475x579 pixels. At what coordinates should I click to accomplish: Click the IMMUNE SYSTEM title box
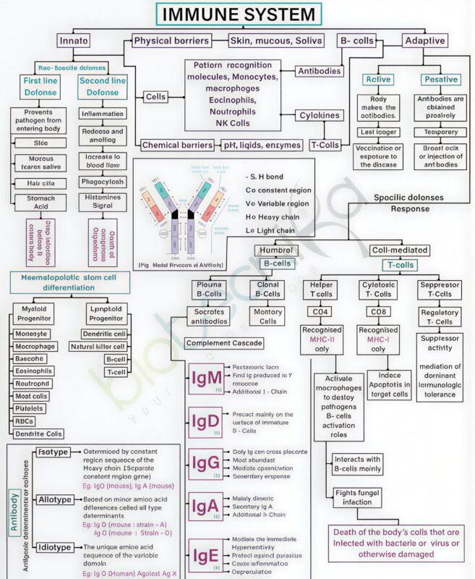pyautogui.click(x=238, y=14)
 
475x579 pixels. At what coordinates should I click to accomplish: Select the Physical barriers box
pyautogui.click(x=172, y=41)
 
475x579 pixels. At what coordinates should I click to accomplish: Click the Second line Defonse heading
pyautogui.click(x=102, y=87)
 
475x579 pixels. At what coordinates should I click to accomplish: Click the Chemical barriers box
pyautogui.click(x=176, y=145)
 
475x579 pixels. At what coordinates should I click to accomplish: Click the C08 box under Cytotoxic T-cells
pyautogui.click(x=379, y=312)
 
